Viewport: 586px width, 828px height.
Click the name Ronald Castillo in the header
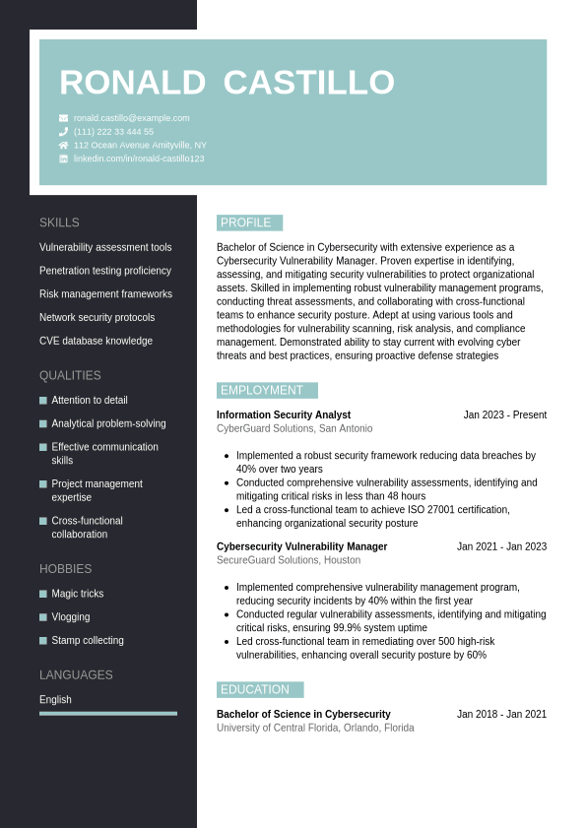(x=227, y=83)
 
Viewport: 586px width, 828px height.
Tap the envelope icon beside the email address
(x=64, y=118)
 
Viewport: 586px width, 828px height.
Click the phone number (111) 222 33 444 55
(x=113, y=132)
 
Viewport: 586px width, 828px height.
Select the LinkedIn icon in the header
(x=64, y=159)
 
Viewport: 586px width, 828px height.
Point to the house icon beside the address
(x=64, y=145)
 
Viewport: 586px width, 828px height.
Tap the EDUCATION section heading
(x=259, y=689)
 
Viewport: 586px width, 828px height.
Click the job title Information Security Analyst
(x=284, y=414)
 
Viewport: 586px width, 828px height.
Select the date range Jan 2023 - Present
(x=505, y=414)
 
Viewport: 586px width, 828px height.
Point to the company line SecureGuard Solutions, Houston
(x=289, y=560)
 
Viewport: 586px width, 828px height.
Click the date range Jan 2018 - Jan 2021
(x=501, y=714)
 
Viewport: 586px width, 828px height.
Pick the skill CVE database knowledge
(x=96, y=341)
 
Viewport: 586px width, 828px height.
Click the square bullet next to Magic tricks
(x=43, y=594)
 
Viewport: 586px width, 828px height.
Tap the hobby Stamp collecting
(x=88, y=640)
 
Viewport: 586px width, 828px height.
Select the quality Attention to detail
(x=90, y=400)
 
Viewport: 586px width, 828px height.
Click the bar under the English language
(x=108, y=713)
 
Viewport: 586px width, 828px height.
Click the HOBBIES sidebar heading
(x=65, y=569)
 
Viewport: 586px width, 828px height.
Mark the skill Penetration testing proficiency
(x=105, y=271)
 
